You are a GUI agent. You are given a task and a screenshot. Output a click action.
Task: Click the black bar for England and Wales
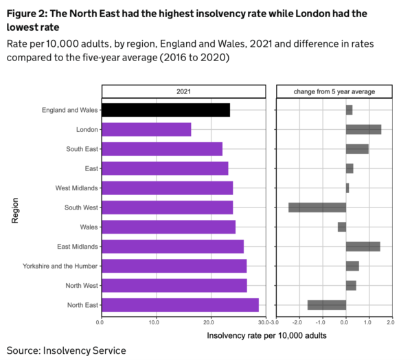point(165,110)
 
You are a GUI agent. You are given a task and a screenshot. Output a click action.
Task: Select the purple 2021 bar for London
point(146,129)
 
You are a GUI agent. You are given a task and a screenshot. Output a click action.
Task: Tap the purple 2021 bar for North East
point(180,305)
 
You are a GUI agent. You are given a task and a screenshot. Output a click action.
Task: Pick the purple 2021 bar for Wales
point(168,227)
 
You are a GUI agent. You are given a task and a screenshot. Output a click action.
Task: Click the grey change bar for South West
point(317,207)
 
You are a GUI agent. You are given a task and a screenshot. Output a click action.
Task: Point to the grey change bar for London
point(363,129)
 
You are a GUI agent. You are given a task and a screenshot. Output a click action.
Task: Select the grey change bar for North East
point(327,305)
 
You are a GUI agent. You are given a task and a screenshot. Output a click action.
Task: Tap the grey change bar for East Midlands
point(363,246)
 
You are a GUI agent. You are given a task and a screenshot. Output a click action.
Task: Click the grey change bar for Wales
point(342,227)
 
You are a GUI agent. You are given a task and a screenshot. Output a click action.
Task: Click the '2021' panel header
point(183,91)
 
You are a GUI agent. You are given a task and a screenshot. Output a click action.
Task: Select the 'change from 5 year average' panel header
point(334,91)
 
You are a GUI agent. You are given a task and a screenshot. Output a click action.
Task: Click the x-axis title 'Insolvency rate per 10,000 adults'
point(266,336)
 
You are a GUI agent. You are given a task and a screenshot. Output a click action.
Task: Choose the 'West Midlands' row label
point(76,188)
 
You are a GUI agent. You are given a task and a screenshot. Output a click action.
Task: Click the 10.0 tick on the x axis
point(154,322)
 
